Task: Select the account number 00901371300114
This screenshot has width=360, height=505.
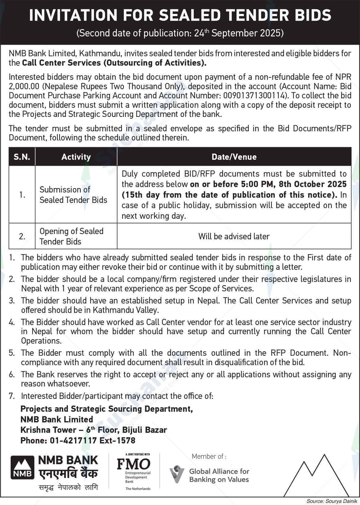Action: (255, 96)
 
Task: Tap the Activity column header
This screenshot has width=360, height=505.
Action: (76, 157)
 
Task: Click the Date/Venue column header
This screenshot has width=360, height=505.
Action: (234, 157)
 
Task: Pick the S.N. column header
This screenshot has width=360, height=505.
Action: (22, 157)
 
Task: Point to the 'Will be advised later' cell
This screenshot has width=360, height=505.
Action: (234, 236)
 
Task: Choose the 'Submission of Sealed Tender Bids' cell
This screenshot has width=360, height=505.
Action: (73, 195)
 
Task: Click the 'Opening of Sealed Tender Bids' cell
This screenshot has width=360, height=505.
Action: (71, 236)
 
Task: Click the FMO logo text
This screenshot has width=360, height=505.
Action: (134, 464)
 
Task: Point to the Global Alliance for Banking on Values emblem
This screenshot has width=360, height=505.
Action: (177, 474)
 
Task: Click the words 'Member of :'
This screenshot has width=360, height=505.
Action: (209, 456)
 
